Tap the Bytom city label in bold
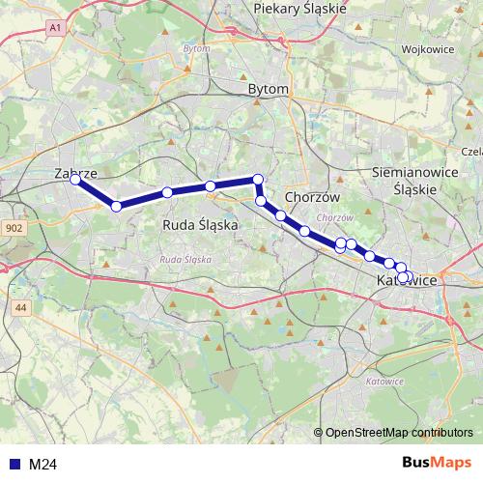(269, 89)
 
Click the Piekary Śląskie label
(298, 8)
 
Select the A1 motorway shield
(54, 30)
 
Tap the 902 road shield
(14, 228)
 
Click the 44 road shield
(22, 307)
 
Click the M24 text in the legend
(43, 465)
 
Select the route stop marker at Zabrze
(75, 180)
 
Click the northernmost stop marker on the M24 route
(258, 178)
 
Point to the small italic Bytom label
(196, 47)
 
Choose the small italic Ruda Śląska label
(185, 259)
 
